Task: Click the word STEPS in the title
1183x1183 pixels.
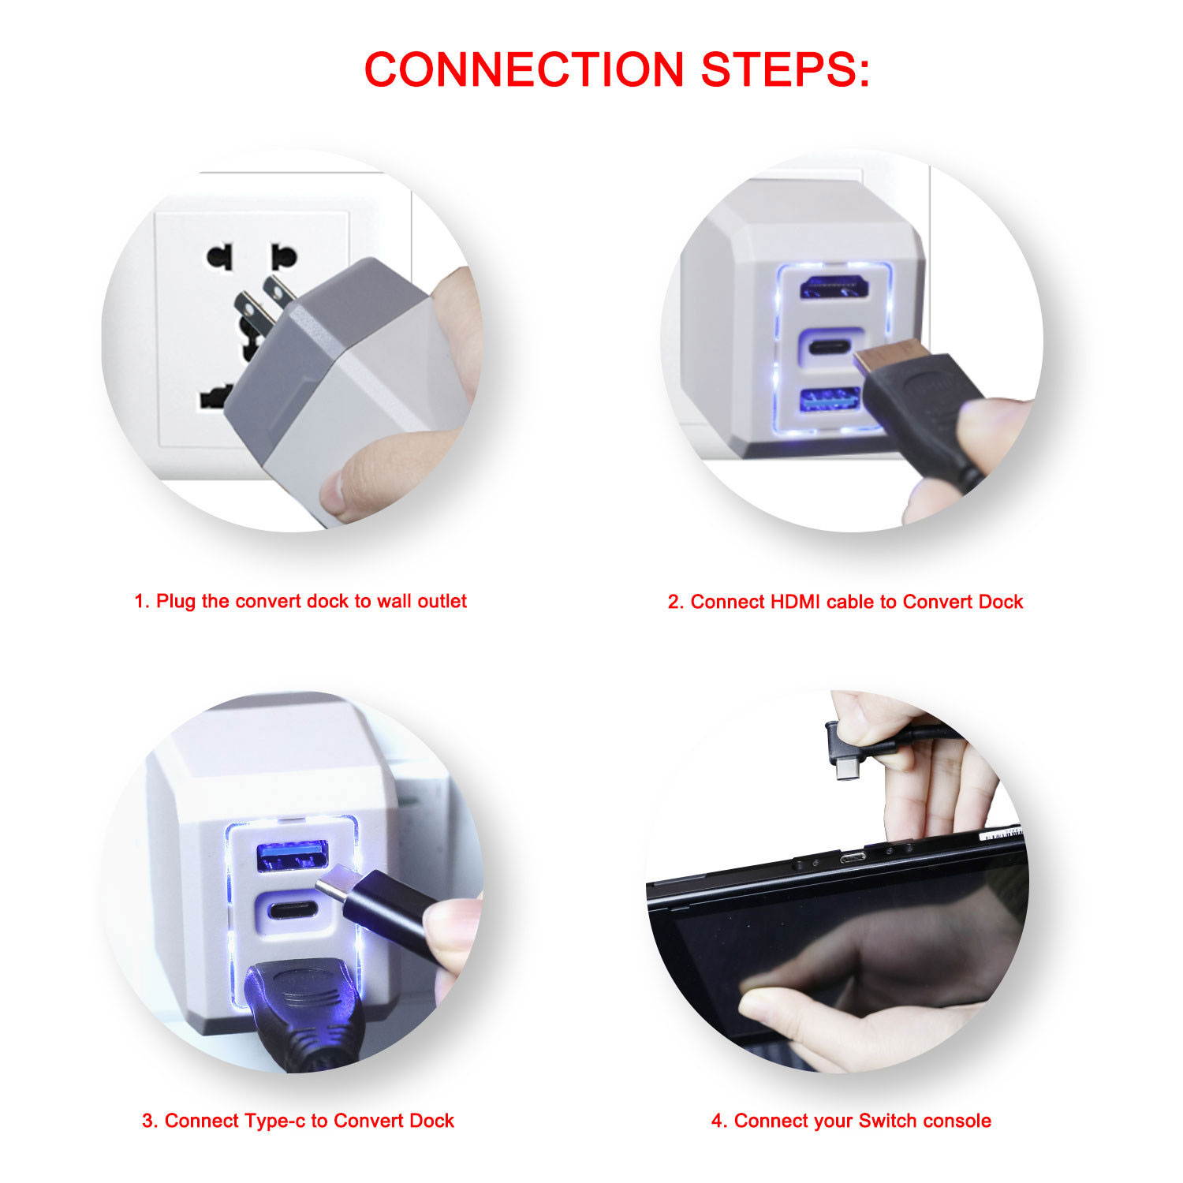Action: pos(785,69)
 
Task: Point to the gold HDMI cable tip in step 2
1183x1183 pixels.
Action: pos(874,359)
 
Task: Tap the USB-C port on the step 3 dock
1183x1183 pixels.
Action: pos(292,909)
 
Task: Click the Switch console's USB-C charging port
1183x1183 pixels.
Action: pos(852,857)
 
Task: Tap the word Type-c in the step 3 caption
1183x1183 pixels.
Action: pos(275,1121)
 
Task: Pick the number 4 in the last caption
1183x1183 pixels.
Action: pos(717,1121)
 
